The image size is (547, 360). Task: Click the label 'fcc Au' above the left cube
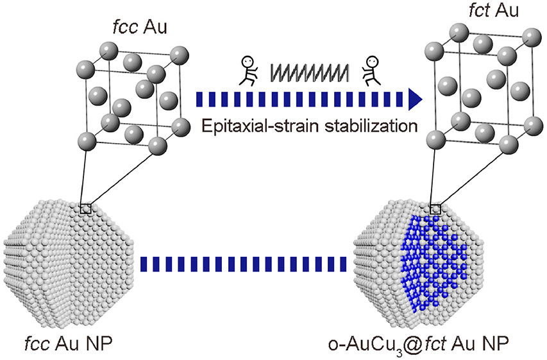(140, 28)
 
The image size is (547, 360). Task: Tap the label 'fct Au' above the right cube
(494, 10)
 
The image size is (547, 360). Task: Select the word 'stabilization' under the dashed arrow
(371, 125)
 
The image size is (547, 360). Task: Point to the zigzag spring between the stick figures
(310, 73)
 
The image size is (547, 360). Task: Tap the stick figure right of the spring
(371, 71)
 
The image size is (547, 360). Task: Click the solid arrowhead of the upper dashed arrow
(415, 99)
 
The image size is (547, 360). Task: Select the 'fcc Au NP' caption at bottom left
(69, 344)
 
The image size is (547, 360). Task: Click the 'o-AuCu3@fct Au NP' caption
(419, 345)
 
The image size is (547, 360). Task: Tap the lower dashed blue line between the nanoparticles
(243, 264)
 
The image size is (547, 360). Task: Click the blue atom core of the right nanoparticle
(433, 262)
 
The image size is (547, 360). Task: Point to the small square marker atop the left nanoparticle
(86, 209)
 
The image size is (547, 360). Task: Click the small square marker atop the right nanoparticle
(435, 209)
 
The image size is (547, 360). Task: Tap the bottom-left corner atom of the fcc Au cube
(86, 141)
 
